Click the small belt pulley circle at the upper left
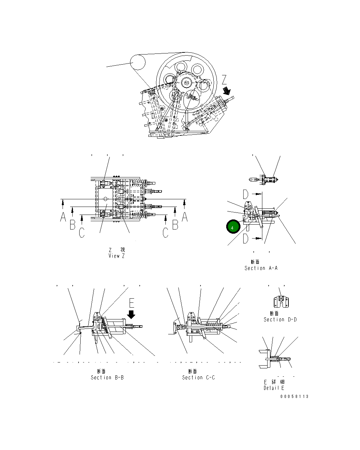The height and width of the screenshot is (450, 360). tap(138, 62)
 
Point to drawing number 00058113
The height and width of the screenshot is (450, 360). tap(294, 397)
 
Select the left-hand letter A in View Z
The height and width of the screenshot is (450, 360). tap(63, 217)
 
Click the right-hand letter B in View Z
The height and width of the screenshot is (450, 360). tap(176, 225)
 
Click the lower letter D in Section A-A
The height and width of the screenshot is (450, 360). tap(245, 238)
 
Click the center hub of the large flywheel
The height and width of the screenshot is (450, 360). tap(187, 83)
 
